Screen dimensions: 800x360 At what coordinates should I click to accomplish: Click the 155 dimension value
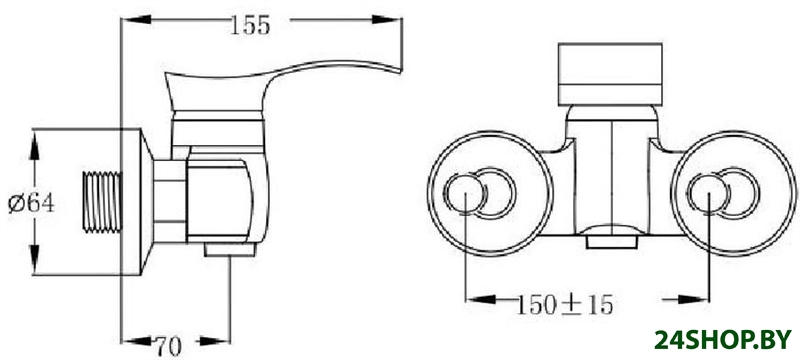coord(249,25)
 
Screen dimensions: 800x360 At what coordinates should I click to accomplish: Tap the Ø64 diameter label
coord(31,204)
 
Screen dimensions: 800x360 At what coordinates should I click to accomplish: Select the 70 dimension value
coord(169,347)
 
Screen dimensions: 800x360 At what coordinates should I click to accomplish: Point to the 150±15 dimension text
coord(565,305)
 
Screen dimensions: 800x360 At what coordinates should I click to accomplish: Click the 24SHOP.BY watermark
coord(723,340)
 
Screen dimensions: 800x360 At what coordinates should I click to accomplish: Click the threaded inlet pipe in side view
coord(102,202)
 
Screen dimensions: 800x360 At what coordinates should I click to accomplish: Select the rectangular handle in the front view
coord(610,74)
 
